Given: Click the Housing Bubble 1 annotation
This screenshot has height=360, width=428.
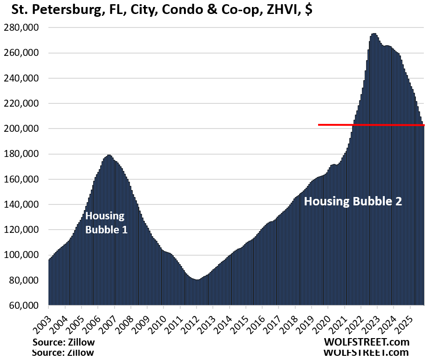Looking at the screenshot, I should click(106, 223).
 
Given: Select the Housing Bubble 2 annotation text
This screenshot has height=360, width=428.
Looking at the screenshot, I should click(353, 202).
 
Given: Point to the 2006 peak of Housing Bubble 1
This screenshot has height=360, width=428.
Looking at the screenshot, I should click(109, 156).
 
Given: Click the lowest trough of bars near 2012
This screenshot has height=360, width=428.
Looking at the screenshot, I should click(197, 280).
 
